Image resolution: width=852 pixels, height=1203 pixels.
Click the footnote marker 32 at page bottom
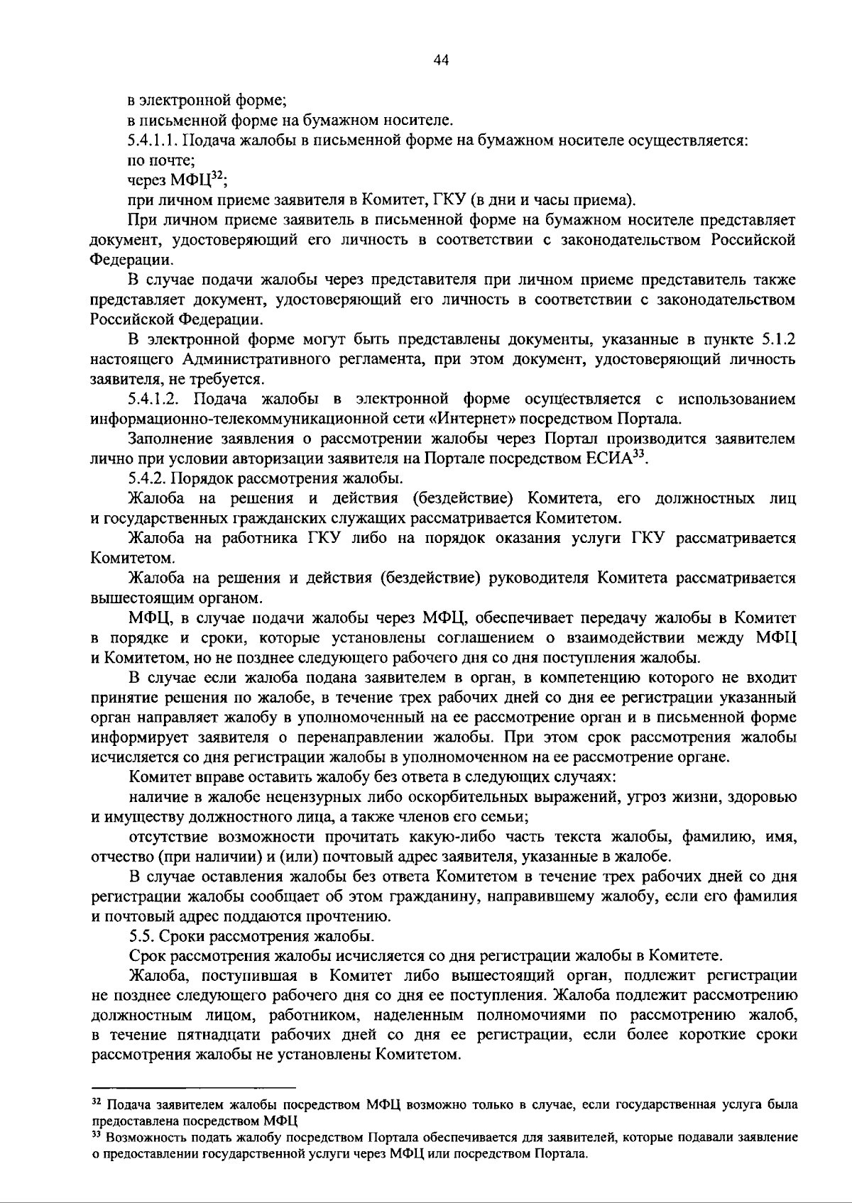(97, 1104)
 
